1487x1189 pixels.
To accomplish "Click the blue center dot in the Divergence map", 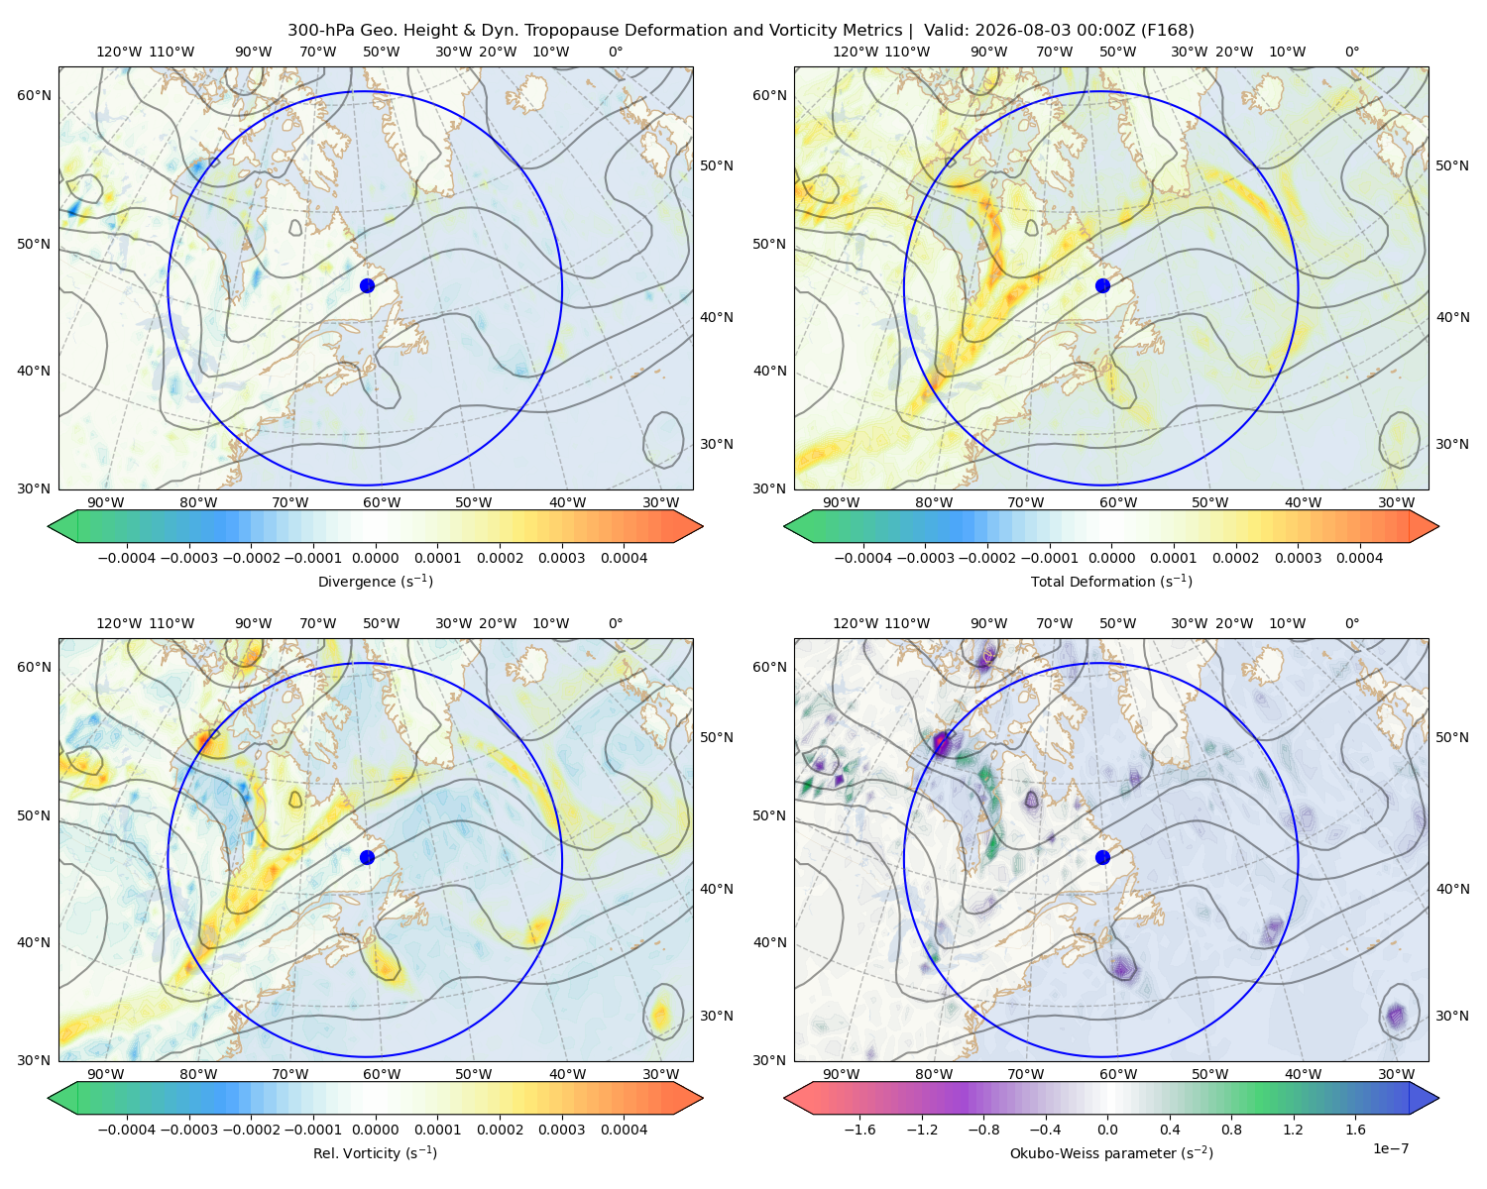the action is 367,286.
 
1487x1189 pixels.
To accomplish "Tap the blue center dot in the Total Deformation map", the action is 1102,286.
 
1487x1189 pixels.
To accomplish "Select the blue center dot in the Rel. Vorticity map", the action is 367,857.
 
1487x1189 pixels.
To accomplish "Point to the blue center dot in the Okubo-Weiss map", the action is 1102,857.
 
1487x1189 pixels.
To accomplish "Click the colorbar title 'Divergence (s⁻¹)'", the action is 375,582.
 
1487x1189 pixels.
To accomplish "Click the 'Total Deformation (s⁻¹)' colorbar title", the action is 1111,582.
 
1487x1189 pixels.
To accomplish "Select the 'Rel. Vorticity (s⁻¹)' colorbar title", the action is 375,1153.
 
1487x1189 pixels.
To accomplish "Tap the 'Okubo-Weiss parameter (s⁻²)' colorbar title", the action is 1111,1153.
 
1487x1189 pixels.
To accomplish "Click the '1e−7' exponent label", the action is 1390,1149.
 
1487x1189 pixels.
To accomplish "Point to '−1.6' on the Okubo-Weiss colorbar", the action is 860,1130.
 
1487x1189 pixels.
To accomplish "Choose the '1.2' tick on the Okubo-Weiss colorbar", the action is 1293,1130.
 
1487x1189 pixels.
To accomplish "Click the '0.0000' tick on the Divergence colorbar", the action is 375,558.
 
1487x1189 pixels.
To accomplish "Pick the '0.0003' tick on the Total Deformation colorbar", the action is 1298,558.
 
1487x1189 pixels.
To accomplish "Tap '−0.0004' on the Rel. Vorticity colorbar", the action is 127,1130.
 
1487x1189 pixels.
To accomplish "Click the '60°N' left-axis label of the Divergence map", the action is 34,95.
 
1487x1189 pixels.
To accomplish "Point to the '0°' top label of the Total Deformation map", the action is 1351,52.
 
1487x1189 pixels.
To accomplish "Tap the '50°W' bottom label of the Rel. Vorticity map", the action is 473,1074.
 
